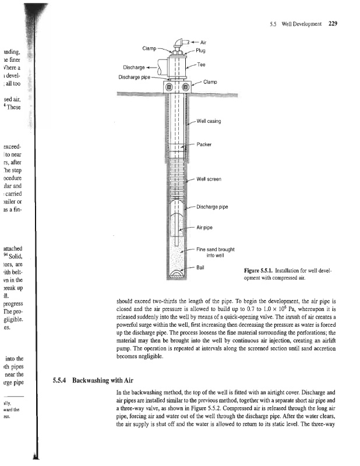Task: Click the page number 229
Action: coord(333,24)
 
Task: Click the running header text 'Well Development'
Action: coord(301,24)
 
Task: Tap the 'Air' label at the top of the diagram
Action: coord(203,43)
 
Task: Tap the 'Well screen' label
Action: coord(210,179)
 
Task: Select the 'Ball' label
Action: coord(200,267)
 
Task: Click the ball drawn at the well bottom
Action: coord(175,272)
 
